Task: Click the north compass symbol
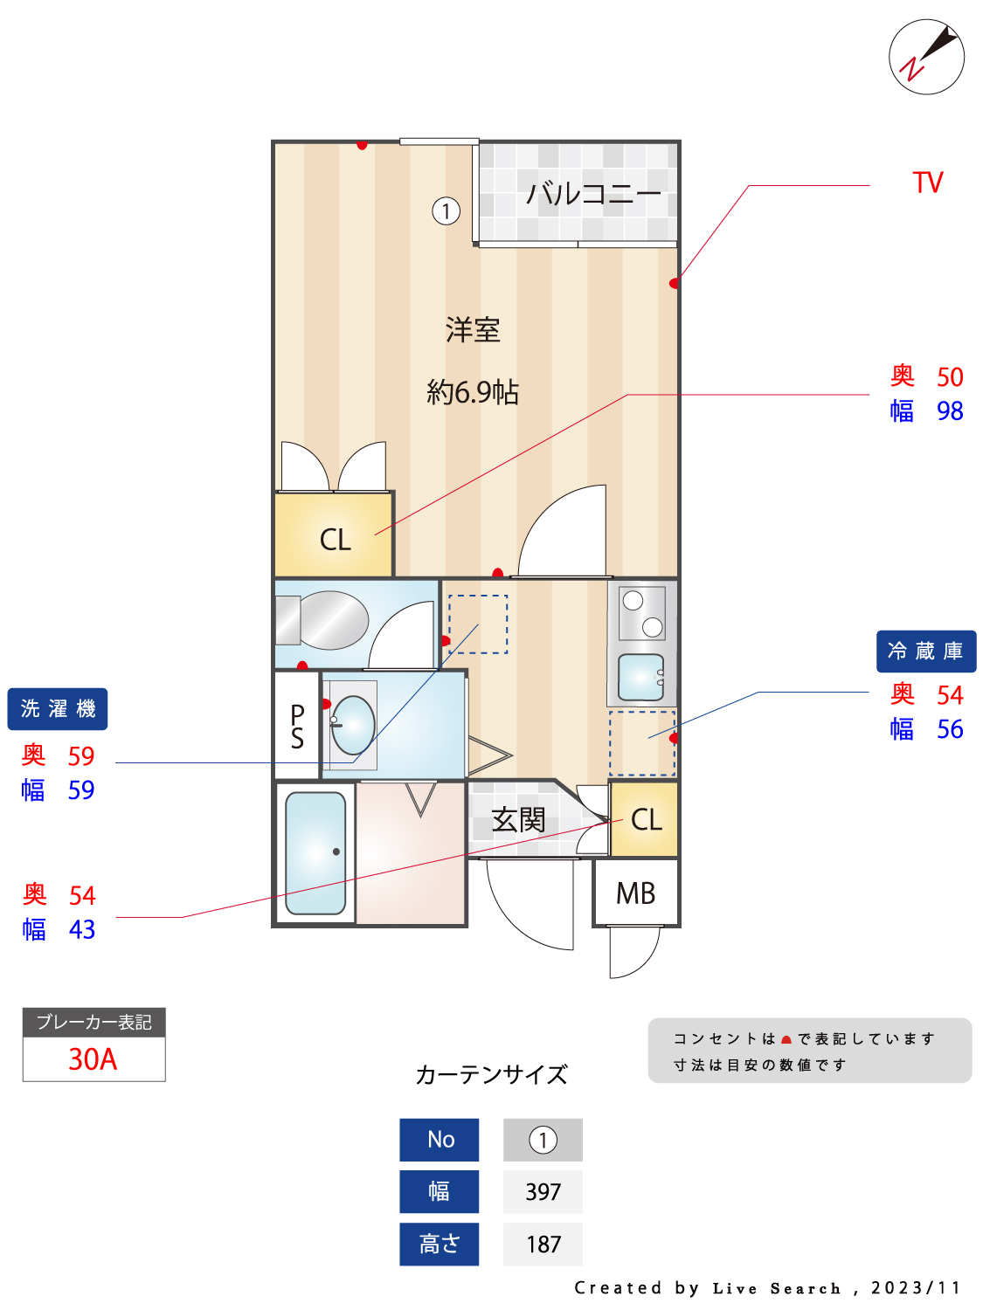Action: pos(926,57)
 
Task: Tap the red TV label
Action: pos(928,183)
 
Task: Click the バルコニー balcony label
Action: pos(593,193)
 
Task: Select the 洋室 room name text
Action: pos(473,330)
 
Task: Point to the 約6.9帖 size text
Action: pos(473,392)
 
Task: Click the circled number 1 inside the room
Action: pos(446,210)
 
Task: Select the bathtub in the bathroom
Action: pos(315,851)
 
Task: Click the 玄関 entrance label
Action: pos(518,820)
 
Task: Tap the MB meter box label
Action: pos(635,893)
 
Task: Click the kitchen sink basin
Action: pos(640,677)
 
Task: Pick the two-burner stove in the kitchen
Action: pos(642,613)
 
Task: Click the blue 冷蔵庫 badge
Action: pos(925,652)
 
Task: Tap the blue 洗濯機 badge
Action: pos(58,709)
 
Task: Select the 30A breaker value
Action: pos(93,1059)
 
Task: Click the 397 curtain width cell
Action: pos(543,1192)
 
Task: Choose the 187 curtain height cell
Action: pos(543,1244)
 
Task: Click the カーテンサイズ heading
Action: pos(491,1074)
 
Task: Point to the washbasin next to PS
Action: pos(353,725)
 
